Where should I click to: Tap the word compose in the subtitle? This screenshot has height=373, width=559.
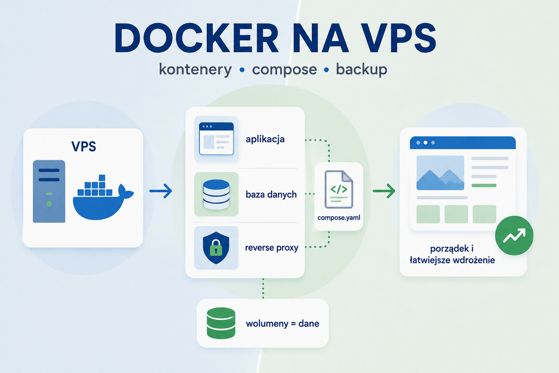click(x=284, y=69)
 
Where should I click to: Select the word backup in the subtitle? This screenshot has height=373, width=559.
click(x=362, y=69)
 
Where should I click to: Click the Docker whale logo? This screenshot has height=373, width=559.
click(x=103, y=197)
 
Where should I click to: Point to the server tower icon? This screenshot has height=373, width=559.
click(x=49, y=191)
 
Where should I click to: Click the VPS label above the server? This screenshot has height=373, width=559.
click(x=84, y=146)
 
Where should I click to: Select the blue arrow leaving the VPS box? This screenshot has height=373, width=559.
click(x=161, y=191)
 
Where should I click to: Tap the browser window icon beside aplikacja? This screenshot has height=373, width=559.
click(x=216, y=139)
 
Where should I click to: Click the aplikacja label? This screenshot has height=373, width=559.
click(x=265, y=139)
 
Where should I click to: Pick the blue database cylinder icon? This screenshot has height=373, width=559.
click(x=216, y=195)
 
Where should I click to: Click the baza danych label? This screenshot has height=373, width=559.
click(x=271, y=195)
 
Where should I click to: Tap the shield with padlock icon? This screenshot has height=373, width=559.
click(x=216, y=248)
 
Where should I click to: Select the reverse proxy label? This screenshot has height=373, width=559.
click(x=272, y=248)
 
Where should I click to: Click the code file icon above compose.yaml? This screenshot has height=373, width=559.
click(x=339, y=190)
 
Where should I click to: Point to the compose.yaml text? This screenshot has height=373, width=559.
click(x=339, y=218)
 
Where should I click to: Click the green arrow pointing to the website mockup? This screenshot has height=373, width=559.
click(x=384, y=191)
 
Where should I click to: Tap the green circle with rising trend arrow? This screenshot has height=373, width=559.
click(x=514, y=235)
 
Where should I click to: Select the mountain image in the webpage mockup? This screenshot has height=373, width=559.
click(x=440, y=173)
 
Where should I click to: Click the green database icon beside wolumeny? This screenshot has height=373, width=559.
click(x=221, y=323)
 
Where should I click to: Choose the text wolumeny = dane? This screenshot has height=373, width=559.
click(x=282, y=323)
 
